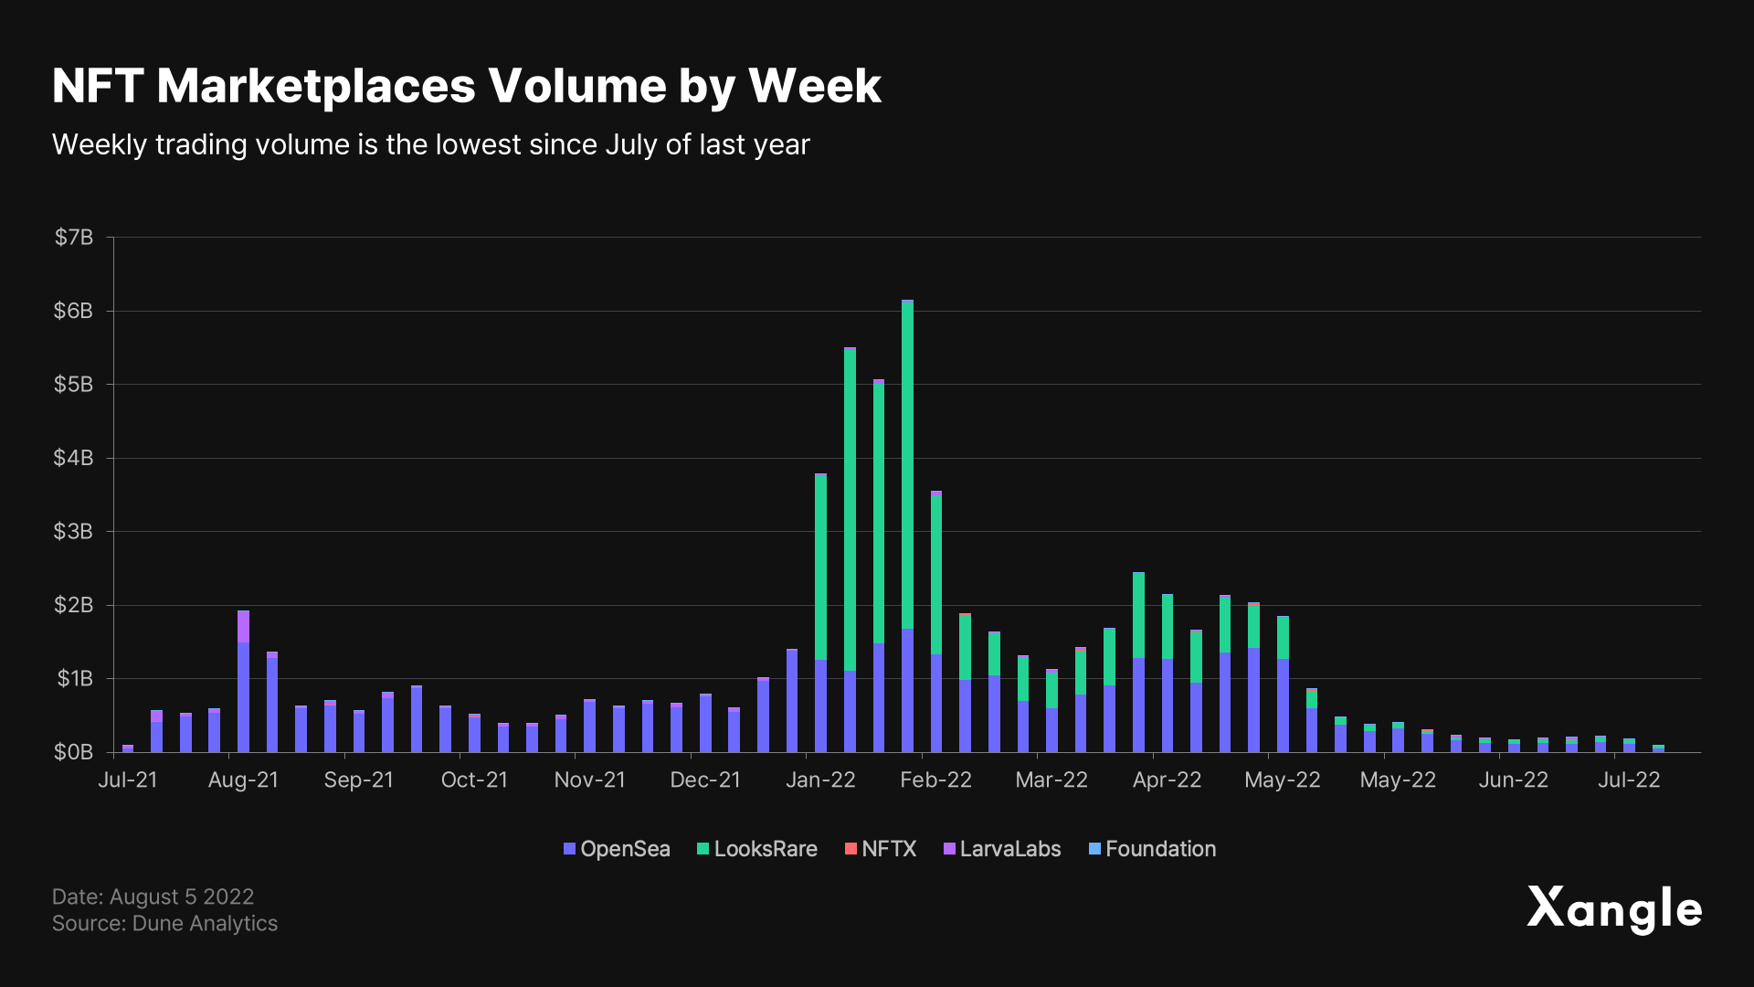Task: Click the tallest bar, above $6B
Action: click(907, 525)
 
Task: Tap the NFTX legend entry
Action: click(881, 849)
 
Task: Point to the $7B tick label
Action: click(74, 238)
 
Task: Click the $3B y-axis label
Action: click(74, 532)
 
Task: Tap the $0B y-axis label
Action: click(74, 752)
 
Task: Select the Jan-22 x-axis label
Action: click(820, 780)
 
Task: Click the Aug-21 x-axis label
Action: click(243, 780)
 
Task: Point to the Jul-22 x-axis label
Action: click(1629, 780)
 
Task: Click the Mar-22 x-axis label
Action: click(1051, 780)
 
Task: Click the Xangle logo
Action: click(1614, 909)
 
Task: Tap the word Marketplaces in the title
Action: click(316, 86)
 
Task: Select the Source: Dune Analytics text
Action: click(164, 923)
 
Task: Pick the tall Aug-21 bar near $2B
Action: click(243, 681)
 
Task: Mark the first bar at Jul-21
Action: click(128, 748)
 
